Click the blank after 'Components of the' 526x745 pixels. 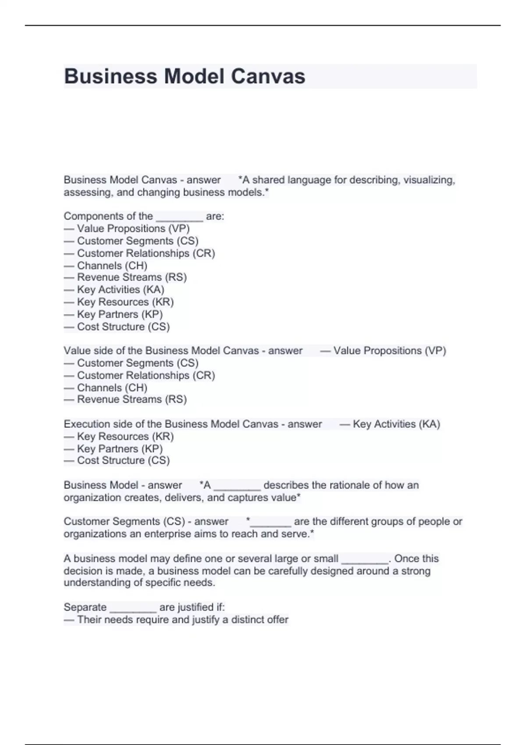179,216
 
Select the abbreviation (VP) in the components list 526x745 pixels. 179,228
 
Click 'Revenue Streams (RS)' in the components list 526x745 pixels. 131,277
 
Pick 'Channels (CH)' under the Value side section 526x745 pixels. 112,387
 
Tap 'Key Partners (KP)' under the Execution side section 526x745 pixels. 120,448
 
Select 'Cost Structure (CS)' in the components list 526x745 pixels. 123,326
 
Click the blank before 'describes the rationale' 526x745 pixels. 237,486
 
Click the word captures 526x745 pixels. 247,497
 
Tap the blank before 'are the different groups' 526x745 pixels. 270,522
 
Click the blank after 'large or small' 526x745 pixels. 365,559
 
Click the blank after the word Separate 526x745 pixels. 133,608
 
